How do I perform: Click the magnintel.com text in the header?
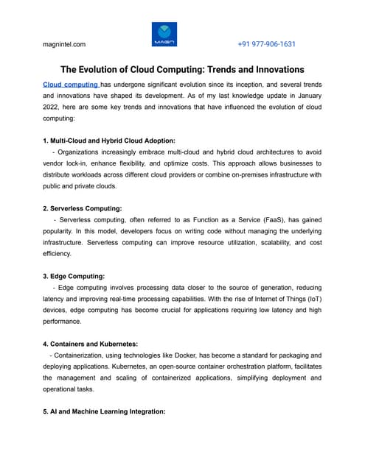point(64,44)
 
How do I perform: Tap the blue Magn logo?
point(164,35)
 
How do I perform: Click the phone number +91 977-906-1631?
point(266,44)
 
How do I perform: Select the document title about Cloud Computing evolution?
point(182,70)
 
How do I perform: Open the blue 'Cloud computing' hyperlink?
point(71,85)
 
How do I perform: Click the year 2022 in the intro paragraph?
point(54,107)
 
